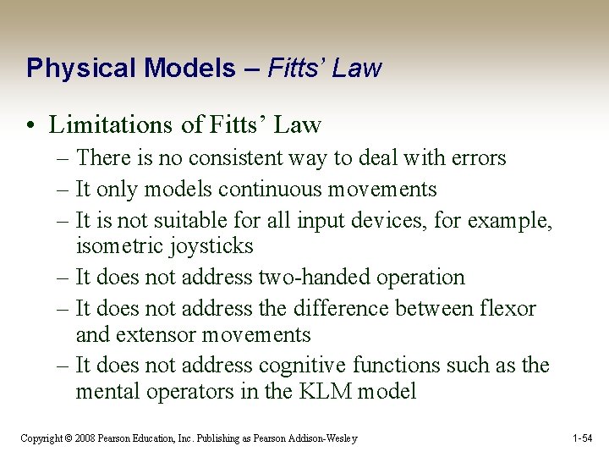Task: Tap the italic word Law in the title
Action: pyautogui.click(x=357, y=69)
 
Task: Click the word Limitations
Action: pyautogui.click(x=112, y=125)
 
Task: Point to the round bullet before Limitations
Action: pyautogui.click(x=32, y=126)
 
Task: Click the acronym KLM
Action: pyautogui.click(x=318, y=392)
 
